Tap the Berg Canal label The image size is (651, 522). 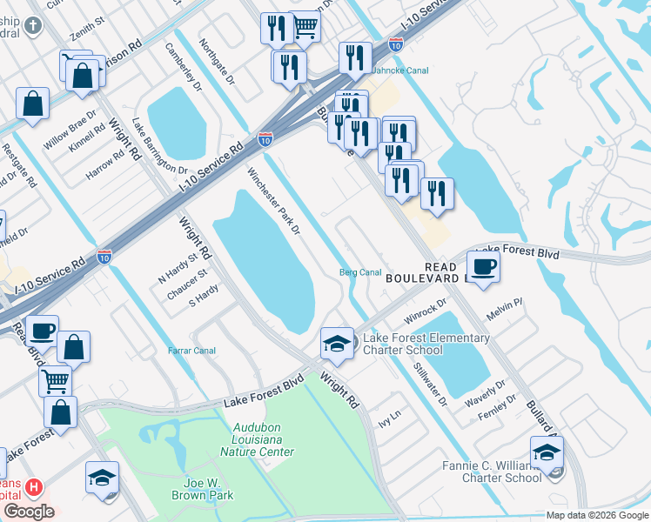(x=359, y=272)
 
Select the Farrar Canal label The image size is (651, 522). (x=191, y=351)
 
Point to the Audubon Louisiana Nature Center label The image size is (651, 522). (x=263, y=439)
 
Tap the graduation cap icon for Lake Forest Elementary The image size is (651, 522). (x=337, y=343)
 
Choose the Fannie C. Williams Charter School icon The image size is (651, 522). (x=547, y=452)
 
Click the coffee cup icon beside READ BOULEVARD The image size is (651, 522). (x=483, y=265)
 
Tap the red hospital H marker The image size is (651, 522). (x=34, y=486)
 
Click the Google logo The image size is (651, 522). (x=28, y=512)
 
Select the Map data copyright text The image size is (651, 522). (x=597, y=515)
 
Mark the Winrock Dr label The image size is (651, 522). (x=425, y=309)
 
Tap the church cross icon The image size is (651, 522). (x=32, y=26)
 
